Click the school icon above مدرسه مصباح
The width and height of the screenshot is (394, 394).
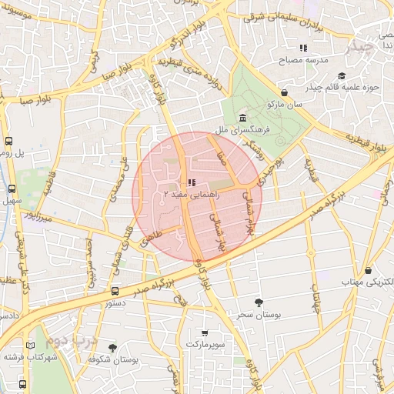point(303,48)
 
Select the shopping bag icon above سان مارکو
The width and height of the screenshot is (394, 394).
point(285,92)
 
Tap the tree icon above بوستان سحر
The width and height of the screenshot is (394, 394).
point(257,302)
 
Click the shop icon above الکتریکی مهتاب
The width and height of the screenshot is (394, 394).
point(369,270)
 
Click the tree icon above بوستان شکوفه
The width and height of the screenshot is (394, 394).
point(112,348)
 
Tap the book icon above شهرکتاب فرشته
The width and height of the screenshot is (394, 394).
point(31,346)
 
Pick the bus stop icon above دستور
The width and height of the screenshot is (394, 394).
point(115,291)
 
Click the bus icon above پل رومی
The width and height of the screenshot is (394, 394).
point(9,141)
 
